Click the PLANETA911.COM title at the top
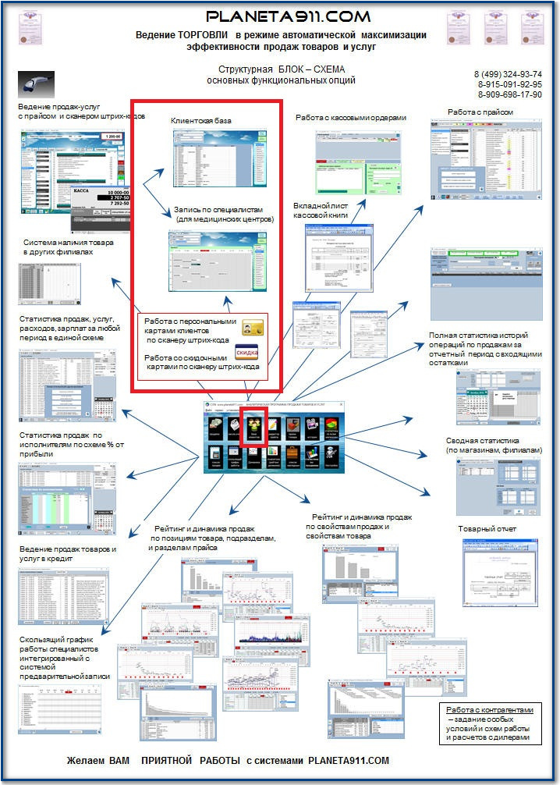(x=288, y=16)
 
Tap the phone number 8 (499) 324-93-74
(x=508, y=74)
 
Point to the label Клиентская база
(x=200, y=121)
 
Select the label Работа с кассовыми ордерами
(x=350, y=118)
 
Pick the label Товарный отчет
(x=487, y=529)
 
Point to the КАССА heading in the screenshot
(x=86, y=190)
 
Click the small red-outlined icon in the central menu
(x=253, y=427)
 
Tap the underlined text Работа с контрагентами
(x=489, y=710)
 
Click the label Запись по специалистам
(x=223, y=210)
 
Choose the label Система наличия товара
(x=69, y=243)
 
